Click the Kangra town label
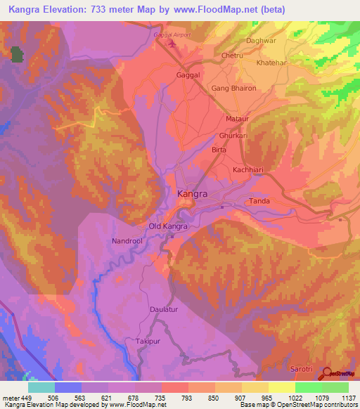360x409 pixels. pos(192,193)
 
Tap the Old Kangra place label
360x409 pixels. pos(168,226)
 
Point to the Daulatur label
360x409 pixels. pos(165,309)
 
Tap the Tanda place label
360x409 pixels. pos(259,201)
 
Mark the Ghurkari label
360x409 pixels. pos(234,134)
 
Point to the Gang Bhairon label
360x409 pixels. pos(234,88)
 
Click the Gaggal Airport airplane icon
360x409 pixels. pos(172,45)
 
